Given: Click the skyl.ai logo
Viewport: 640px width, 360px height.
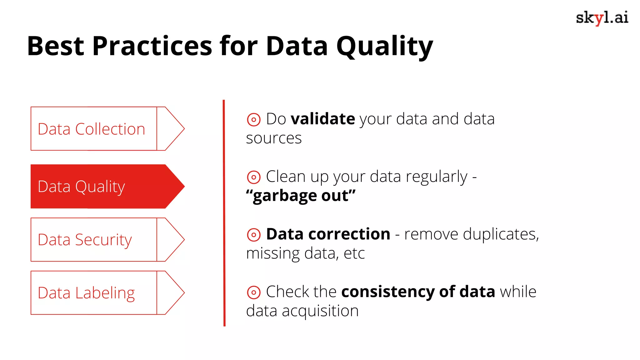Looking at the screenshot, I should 602,17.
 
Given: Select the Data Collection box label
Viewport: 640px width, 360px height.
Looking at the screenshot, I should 91,129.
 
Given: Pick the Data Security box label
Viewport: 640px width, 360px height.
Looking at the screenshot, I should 85,240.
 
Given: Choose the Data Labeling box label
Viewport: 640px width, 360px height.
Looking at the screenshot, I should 86,293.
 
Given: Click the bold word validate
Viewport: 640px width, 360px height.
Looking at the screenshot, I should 323,119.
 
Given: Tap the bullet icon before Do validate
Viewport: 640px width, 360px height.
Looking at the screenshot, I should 253,119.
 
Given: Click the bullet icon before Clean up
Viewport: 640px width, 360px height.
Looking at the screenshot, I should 253,177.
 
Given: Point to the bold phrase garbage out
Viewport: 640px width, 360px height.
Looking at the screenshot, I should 301,196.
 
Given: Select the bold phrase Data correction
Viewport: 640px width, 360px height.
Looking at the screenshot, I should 328,234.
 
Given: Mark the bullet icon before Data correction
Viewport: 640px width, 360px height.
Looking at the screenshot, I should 253,235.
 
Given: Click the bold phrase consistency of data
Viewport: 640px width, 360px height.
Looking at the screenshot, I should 418,292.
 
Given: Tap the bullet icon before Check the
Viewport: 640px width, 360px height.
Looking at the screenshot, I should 253,292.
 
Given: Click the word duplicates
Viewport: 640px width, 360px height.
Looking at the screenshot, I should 501,234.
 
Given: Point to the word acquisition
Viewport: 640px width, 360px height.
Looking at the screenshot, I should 320,311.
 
